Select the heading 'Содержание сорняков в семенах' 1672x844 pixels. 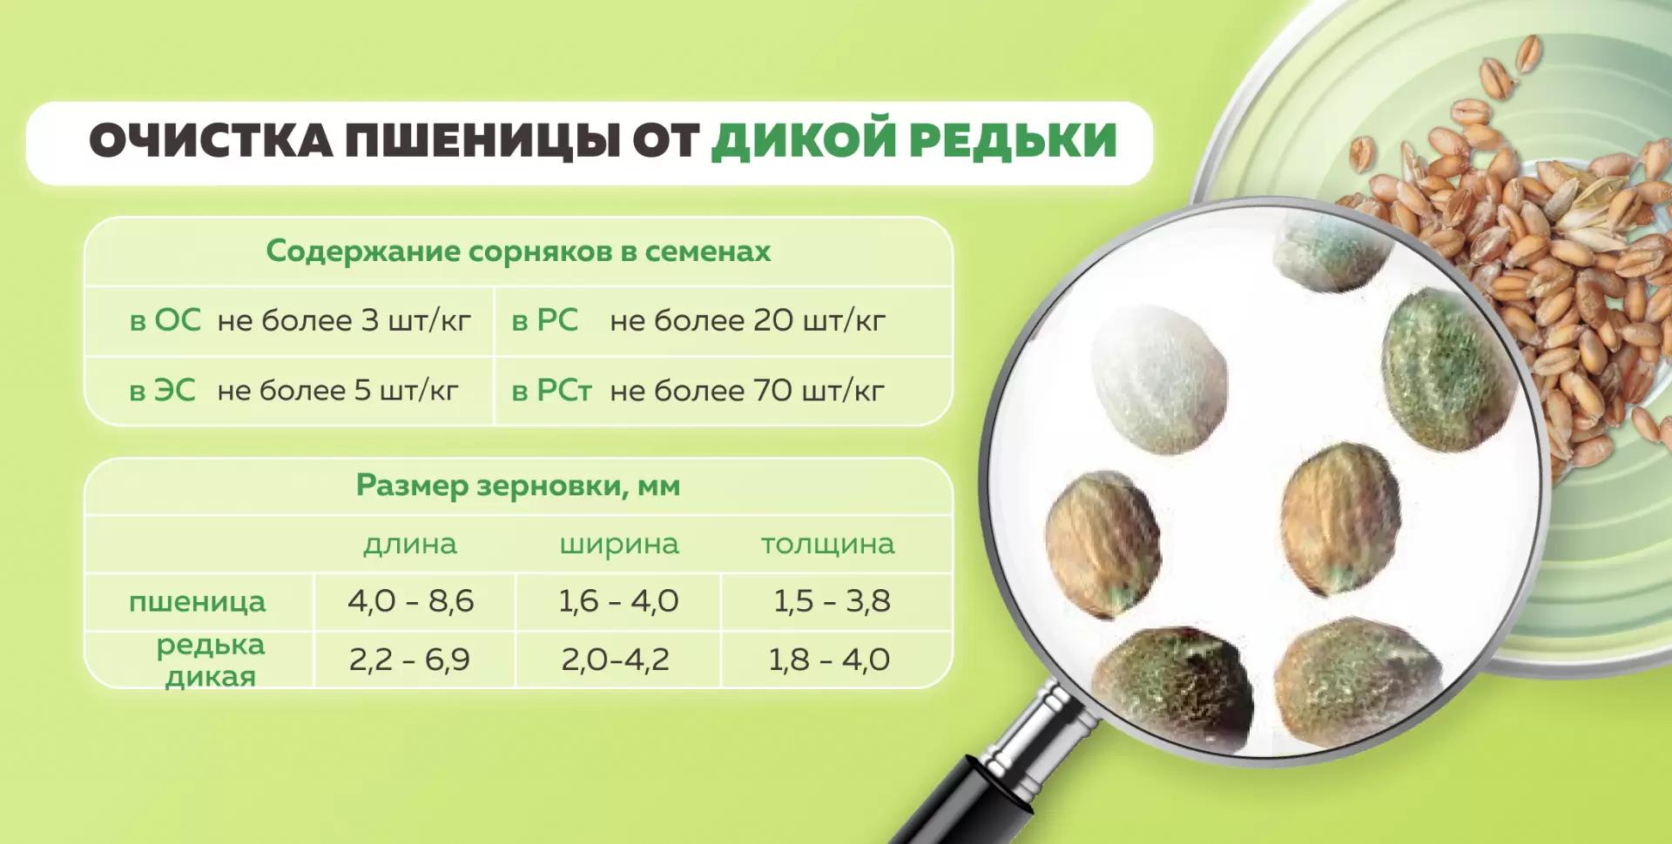coord(518,251)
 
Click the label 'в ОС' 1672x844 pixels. coord(165,320)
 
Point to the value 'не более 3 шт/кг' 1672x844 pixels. coord(344,320)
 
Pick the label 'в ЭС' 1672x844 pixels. coord(163,391)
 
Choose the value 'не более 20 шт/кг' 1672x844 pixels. coord(747,320)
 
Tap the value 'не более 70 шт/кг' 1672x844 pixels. coord(747,391)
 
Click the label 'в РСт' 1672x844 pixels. coord(551,391)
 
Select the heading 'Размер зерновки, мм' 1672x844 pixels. coord(518,485)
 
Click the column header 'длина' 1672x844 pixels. coord(410,544)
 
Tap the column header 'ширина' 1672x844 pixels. coord(619,544)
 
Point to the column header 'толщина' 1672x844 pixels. coord(828,544)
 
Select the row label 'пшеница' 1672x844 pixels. coord(198,601)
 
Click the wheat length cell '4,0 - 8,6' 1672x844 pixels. coord(410,601)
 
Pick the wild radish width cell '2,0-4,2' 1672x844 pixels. coord(616,660)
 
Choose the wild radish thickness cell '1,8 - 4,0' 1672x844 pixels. coord(829,660)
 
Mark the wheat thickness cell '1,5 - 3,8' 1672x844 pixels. coord(832,601)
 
